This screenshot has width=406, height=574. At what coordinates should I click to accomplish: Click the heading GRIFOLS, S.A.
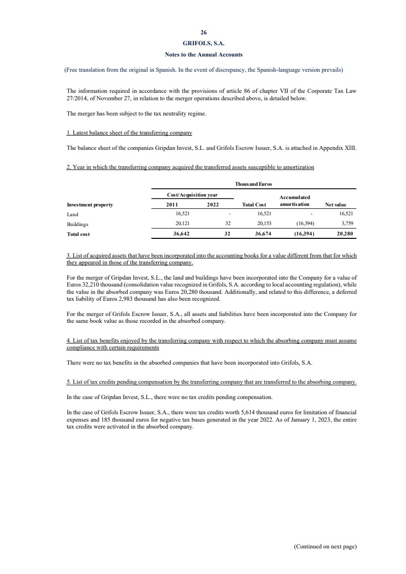(x=203, y=44)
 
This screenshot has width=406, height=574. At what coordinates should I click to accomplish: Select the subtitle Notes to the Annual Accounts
(x=203, y=54)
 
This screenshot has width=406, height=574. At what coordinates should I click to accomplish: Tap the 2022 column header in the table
(x=212, y=204)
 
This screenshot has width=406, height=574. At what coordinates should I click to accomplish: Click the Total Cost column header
(x=254, y=204)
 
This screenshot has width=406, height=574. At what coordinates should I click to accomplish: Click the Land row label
(x=72, y=214)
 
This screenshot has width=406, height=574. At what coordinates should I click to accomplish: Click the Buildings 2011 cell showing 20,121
(x=175, y=223)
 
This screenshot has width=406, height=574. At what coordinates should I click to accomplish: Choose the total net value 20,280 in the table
(x=344, y=234)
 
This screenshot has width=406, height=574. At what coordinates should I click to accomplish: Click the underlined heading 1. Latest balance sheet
(x=129, y=133)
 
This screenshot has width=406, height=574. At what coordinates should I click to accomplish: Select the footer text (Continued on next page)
(x=325, y=546)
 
